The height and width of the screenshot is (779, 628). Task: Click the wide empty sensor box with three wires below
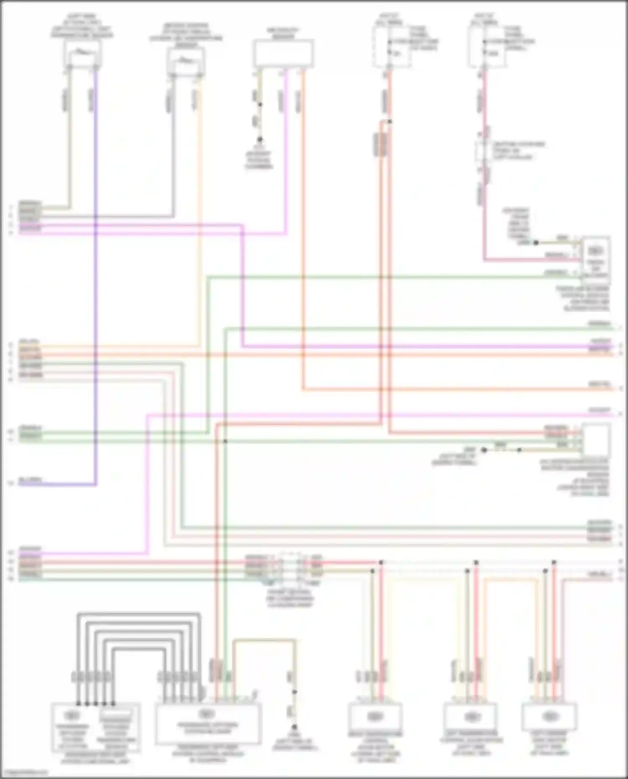click(283, 53)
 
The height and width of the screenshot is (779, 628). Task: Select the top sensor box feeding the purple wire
click(82, 54)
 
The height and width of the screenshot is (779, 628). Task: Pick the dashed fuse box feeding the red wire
click(391, 47)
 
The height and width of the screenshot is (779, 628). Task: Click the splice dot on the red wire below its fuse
click(389, 122)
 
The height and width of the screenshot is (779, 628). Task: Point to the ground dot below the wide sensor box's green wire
click(260, 139)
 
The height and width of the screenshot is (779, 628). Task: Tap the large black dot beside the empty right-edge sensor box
click(484, 450)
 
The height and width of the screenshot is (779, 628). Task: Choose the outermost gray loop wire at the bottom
click(138, 614)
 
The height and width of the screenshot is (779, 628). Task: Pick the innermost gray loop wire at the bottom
click(138, 649)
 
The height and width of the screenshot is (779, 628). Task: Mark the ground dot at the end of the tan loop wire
click(294, 727)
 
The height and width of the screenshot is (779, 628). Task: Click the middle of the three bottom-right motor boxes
click(471, 717)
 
